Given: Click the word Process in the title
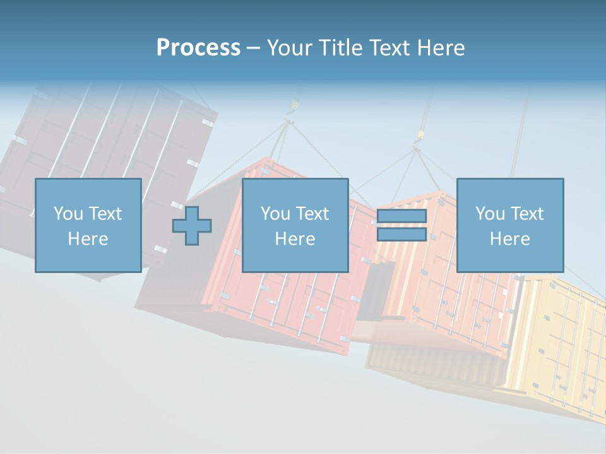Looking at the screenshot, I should point(198,48).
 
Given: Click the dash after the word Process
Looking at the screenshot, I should point(254,49).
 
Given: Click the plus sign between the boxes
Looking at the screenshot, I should point(192,226).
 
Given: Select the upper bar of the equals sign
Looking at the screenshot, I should point(401,216).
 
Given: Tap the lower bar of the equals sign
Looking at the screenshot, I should point(401,235).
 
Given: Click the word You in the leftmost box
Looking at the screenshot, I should point(68,214).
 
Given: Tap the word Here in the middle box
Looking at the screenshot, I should point(295,239).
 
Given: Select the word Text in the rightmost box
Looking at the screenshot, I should point(528,214).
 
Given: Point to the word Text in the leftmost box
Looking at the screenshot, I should point(106,214).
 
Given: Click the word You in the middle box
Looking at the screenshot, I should point(275,214).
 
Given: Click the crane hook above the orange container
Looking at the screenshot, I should point(418,136).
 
